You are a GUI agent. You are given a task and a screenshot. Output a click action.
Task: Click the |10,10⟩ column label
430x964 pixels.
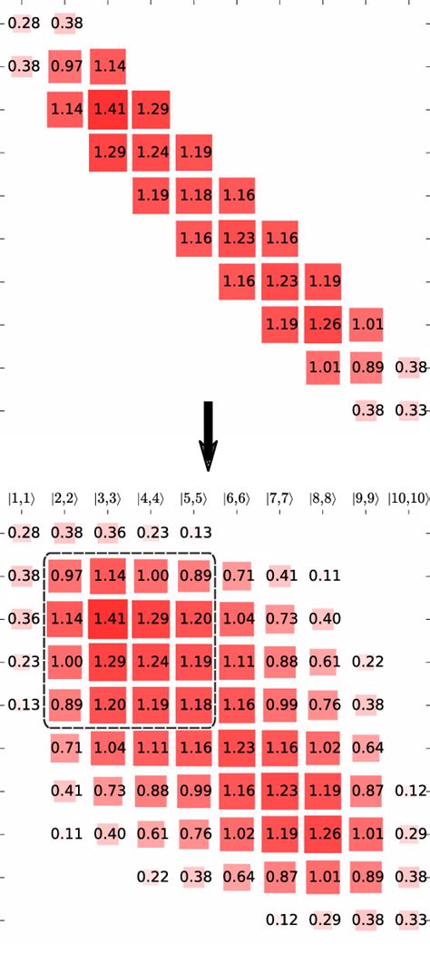tap(410, 497)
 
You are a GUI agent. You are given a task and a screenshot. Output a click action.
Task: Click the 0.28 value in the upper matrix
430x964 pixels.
tap(24, 23)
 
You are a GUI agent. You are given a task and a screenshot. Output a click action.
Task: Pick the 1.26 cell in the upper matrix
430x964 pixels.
tap(323, 324)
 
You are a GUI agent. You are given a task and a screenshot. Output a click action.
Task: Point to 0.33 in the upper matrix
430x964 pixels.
tap(410, 410)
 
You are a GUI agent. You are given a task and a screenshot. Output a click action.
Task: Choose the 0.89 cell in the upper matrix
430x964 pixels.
tap(366, 367)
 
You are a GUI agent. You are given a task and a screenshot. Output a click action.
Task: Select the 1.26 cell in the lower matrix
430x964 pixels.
tap(323, 833)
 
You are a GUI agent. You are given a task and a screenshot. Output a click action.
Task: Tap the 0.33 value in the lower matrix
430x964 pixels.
tap(410, 920)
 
